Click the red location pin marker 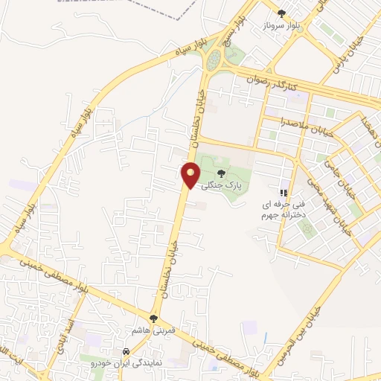click(x=191, y=175)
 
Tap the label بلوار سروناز click(x=281, y=25)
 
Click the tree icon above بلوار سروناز click(x=281, y=13)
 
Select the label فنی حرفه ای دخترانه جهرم click(x=278, y=209)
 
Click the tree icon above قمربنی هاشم click(x=153, y=318)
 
